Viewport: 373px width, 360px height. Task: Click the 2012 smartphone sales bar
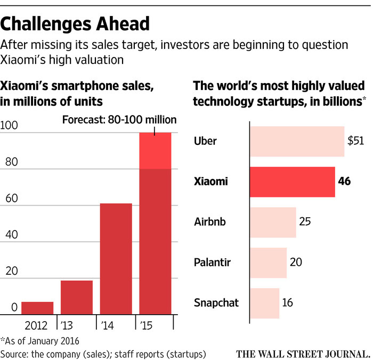(x=37, y=308)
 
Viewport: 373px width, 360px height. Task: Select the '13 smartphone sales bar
(x=77, y=297)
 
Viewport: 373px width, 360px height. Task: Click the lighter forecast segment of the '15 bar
(x=155, y=151)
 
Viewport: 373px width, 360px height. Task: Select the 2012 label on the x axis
(x=37, y=324)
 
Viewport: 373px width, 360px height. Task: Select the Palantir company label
(x=213, y=262)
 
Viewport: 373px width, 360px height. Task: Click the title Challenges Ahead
(x=75, y=23)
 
